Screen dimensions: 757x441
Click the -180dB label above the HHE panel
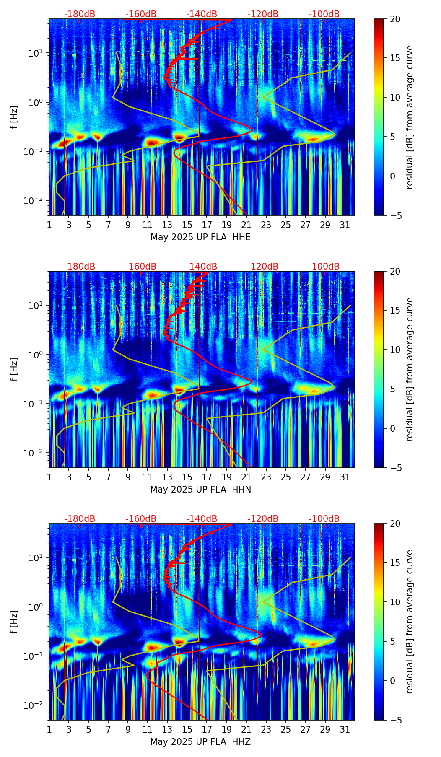tap(80, 14)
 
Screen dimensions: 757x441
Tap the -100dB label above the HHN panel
tap(324, 267)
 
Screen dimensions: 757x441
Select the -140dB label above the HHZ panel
tap(202, 519)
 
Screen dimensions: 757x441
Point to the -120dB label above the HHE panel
tap(263, 14)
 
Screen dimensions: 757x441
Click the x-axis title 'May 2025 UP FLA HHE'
tap(200, 237)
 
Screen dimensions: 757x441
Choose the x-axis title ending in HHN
tap(200, 490)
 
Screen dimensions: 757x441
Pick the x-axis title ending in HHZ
tap(200, 742)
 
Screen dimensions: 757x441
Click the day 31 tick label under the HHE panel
tap(345, 225)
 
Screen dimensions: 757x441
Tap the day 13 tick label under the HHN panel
tap(167, 477)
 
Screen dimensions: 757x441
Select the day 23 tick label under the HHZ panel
tap(266, 730)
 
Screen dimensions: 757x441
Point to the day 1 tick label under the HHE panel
tap(49, 225)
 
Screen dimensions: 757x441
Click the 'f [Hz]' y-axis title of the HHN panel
tap(14, 369)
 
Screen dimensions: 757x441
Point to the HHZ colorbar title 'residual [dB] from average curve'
tap(410, 622)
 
